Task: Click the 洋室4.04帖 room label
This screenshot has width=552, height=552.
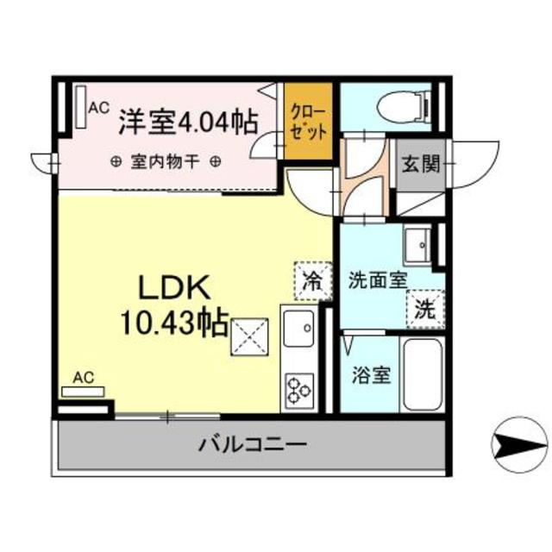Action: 187,122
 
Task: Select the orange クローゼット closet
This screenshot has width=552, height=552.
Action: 308,121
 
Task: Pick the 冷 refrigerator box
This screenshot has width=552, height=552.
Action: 311,280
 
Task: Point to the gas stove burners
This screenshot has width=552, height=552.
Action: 299,387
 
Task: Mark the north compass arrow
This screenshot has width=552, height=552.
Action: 519,446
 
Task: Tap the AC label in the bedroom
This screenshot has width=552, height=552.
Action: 98,108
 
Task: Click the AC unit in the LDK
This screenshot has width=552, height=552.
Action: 83,392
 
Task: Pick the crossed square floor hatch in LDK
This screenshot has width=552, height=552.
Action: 248,336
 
